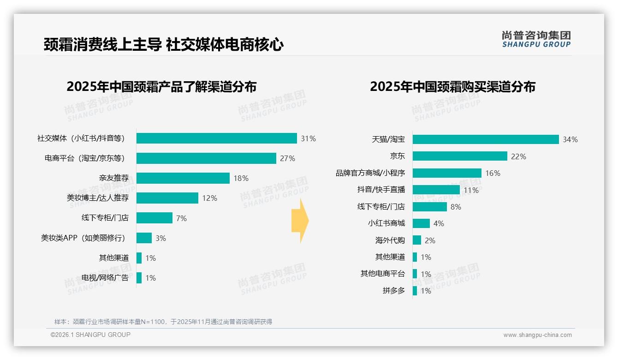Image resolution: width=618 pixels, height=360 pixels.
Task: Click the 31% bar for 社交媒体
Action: tap(217, 138)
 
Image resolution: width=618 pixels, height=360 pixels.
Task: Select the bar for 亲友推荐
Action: tap(183, 178)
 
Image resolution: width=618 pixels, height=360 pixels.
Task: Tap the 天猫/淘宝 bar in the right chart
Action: tap(486, 139)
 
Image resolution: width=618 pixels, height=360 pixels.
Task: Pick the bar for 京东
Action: tap(460, 156)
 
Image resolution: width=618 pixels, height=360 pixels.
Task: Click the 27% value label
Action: tap(287, 158)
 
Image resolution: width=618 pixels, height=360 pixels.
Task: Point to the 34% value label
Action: tap(570, 139)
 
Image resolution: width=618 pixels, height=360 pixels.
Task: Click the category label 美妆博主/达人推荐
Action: tap(98, 198)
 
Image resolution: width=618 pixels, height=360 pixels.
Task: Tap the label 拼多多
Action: tap(393, 291)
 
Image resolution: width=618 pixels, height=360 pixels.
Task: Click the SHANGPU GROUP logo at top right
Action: tap(536, 39)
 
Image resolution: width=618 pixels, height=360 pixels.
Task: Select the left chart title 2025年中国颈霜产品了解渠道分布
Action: tap(161, 87)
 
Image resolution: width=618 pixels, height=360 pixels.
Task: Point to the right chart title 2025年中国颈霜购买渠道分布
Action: tap(452, 87)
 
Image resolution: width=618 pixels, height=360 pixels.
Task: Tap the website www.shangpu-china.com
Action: tap(537, 335)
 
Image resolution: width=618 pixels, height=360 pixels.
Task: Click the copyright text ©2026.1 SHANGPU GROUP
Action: tap(90, 335)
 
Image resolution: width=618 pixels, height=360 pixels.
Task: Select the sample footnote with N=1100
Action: tap(163, 322)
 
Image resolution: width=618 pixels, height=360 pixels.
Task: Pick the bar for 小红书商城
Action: tap(421, 223)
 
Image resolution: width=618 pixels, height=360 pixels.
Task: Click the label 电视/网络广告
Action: tap(105, 278)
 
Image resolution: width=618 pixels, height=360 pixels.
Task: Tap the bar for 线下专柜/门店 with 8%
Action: tap(429, 207)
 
